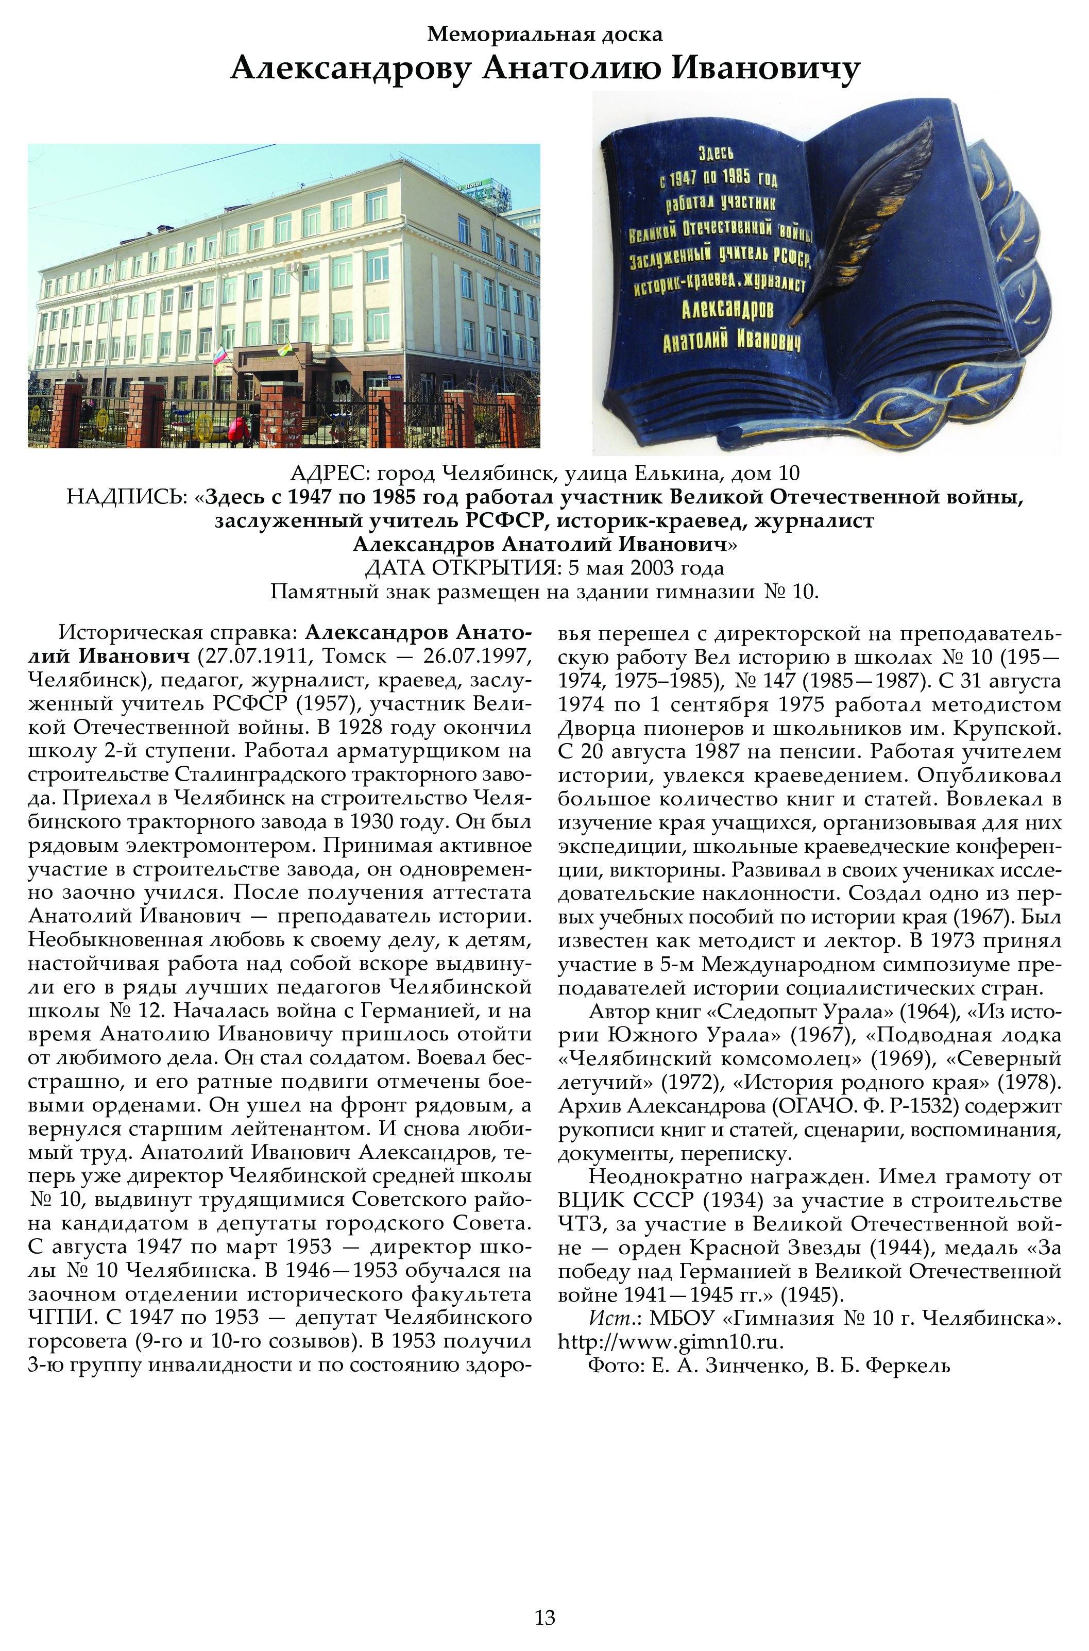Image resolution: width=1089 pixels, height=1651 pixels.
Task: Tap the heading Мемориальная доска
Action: pos(544,33)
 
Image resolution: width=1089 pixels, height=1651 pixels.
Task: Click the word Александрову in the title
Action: pos(351,69)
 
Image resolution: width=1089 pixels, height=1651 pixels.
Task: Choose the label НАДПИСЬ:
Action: pos(126,497)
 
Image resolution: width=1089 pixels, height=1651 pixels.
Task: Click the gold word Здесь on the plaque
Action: pos(716,153)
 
